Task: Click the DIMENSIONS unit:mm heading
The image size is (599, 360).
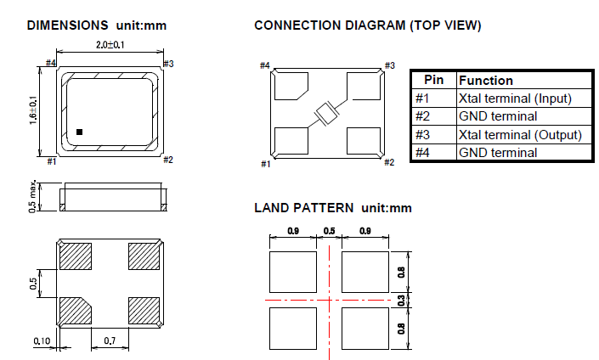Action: [x=96, y=25]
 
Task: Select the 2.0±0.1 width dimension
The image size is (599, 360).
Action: [x=110, y=45]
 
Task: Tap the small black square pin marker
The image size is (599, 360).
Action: [x=79, y=132]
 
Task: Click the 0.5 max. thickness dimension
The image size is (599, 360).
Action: [x=32, y=196]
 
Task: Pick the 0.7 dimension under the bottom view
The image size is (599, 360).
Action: [x=110, y=340]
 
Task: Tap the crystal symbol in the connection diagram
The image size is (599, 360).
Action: [x=326, y=113]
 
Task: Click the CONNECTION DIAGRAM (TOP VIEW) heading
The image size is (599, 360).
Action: [x=368, y=25]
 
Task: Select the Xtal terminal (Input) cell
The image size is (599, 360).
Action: [x=514, y=98]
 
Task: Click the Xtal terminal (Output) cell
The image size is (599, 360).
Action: [x=519, y=134]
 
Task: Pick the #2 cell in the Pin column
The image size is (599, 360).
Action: [x=423, y=116]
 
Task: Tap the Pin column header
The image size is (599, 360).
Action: [x=433, y=81]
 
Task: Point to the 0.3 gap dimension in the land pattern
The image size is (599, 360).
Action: [x=401, y=301]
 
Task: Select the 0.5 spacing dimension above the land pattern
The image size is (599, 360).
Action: [x=330, y=231]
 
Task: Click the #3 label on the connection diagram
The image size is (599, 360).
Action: [x=390, y=65]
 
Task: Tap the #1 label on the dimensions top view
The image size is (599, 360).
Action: [x=51, y=160]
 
